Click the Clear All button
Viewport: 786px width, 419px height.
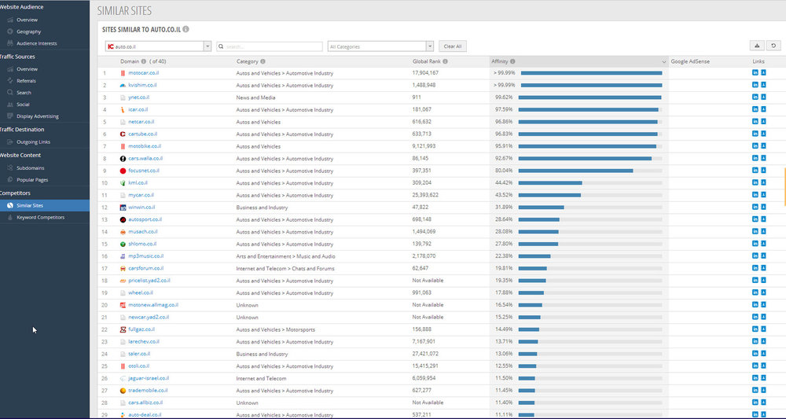click(453, 46)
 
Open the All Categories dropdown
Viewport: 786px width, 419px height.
click(380, 46)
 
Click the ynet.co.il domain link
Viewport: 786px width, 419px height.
click(138, 97)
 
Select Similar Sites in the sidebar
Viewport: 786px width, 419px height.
click(30, 205)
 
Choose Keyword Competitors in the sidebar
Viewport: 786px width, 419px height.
click(40, 218)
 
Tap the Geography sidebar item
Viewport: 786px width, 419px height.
click(28, 31)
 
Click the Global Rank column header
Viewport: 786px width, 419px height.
click(427, 61)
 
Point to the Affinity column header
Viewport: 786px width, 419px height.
click(500, 61)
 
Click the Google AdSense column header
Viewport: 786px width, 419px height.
click(690, 61)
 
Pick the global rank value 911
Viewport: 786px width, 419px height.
click(417, 97)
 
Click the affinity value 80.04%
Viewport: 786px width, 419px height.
click(503, 171)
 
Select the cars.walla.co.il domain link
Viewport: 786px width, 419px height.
click(145, 158)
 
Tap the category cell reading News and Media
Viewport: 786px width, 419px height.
click(255, 97)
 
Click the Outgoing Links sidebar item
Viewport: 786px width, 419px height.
click(33, 142)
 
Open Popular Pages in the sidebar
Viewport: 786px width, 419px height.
click(32, 180)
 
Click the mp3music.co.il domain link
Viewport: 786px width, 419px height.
click(146, 256)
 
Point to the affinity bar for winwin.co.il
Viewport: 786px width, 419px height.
click(542, 208)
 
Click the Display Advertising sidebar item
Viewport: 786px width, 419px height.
click(37, 116)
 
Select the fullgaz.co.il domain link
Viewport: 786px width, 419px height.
click(141, 329)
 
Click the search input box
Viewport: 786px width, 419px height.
click(270, 46)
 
